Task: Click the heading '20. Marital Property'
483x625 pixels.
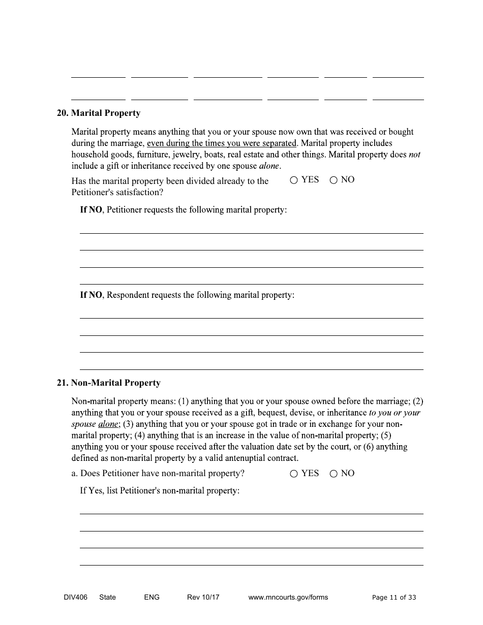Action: point(98,113)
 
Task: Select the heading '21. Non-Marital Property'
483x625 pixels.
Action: point(108,383)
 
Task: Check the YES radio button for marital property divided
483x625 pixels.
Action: point(294,180)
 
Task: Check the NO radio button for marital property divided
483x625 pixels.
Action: point(334,180)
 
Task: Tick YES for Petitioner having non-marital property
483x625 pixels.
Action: point(294,474)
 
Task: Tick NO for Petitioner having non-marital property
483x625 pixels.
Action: point(334,474)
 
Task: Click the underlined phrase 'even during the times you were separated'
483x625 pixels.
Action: point(221,143)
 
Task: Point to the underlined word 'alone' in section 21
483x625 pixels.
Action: point(108,424)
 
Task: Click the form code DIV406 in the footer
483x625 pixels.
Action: point(68,598)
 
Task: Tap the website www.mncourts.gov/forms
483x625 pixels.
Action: point(288,598)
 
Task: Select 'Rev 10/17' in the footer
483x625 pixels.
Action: point(203,598)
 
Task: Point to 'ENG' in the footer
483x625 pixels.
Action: point(152,598)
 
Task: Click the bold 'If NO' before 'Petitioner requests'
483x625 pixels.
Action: point(91,210)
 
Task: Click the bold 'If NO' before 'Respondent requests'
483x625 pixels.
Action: point(91,295)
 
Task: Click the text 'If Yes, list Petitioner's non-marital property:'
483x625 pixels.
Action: point(160,491)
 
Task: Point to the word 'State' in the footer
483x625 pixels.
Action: point(107,598)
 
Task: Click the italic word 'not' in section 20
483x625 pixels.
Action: point(414,154)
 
